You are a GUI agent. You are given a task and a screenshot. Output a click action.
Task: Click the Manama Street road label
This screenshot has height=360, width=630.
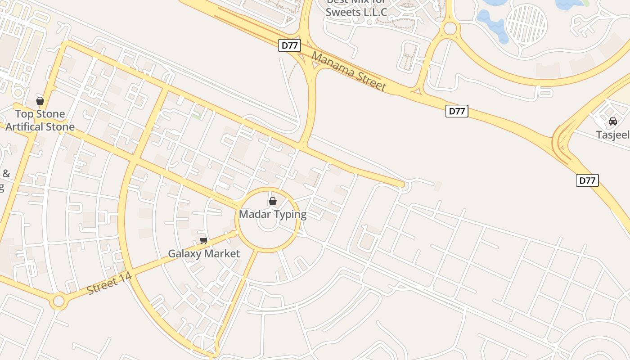[x=348, y=72]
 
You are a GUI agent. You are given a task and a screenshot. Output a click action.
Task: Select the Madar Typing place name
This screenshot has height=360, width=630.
[x=273, y=214]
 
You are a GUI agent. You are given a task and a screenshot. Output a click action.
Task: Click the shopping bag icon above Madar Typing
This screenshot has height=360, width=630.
[x=273, y=201]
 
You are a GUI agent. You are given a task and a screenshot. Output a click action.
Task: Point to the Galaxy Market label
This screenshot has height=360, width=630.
[x=204, y=254]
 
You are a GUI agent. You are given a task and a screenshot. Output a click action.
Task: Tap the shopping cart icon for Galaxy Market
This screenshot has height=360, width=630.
[x=204, y=241]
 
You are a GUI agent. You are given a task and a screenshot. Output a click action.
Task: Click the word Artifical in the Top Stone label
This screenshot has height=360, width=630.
[x=27, y=127]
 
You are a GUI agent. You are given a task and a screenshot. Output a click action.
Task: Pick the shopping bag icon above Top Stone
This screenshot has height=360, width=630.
[x=40, y=101]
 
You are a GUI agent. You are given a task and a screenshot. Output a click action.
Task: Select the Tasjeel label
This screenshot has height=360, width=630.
[x=612, y=135]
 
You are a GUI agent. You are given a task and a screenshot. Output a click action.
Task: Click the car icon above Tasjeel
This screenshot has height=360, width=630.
[x=613, y=121]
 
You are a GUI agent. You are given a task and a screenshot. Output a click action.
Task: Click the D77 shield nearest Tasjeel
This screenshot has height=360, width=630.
[x=587, y=180]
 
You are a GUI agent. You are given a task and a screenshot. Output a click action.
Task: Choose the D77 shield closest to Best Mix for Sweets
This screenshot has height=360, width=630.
[x=289, y=45]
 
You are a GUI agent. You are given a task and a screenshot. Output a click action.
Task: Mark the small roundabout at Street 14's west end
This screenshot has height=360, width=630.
[x=58, y=301]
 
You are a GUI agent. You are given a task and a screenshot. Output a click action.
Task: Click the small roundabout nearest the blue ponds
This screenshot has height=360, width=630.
[x=450, y=29]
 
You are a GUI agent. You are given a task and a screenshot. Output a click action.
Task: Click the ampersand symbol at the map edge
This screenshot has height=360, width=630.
[x=6, y=173]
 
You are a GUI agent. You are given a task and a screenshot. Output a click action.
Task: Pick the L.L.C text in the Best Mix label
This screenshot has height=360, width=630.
[x=374, y=12]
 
